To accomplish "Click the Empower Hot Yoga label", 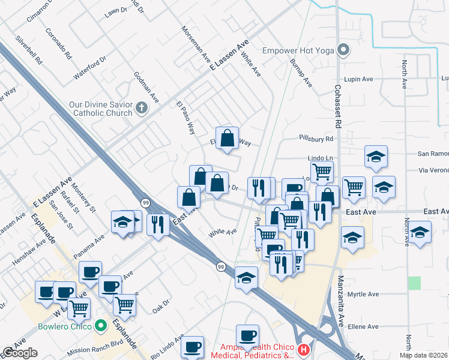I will [298, 50].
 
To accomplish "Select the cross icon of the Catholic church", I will [142, 108].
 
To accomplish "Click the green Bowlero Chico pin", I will [101, 326].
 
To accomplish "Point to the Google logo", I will [20, 353].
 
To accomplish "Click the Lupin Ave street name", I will [359, 79].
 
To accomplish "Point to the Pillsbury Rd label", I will [316, 139].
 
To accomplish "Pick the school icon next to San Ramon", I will [376, 157].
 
